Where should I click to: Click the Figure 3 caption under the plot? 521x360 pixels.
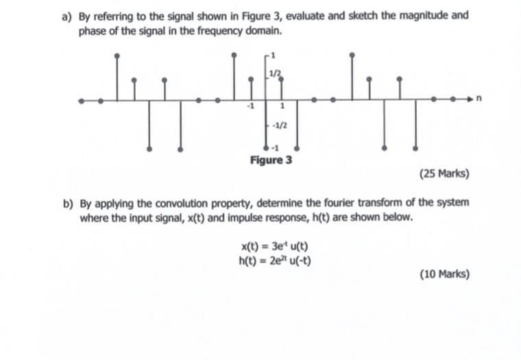click(x=271, y=160)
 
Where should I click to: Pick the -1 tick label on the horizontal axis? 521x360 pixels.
click(x=252, y=107)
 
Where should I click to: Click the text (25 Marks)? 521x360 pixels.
click(x=444, y=173)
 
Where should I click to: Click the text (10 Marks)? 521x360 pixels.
click(x=444, y=274)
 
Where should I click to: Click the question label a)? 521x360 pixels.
click(x=66, y=15)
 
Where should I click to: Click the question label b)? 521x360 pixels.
click(x=67, y=203)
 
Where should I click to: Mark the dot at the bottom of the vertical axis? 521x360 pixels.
click(x=267, y=148)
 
